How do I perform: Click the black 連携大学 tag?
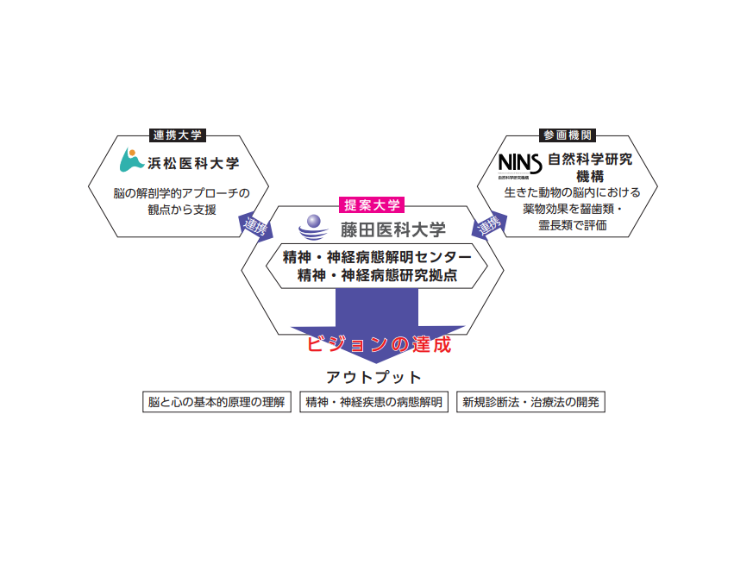[178, 135]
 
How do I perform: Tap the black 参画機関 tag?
[568, 135]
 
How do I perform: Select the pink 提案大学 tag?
[372, 205]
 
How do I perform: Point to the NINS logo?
[520, 166]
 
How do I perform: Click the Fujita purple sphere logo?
[313, 227]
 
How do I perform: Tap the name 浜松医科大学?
[193, 163]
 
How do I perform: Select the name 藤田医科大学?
[393, 229]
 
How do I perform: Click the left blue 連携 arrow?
[255, 226]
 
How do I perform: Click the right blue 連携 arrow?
[489, 225]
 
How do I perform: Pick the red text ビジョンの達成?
[379, 344]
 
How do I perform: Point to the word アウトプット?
[373, 377]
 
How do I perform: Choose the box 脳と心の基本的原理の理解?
[216, 402]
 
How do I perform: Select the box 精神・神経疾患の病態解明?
[373, 402]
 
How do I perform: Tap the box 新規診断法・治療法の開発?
[530, 402]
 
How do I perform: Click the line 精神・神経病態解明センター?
[377, 257]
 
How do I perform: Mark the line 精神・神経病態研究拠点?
[377, 275]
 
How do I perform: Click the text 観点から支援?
[182, 210]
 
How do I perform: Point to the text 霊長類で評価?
[573, 225]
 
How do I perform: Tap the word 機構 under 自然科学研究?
[590, 176]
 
